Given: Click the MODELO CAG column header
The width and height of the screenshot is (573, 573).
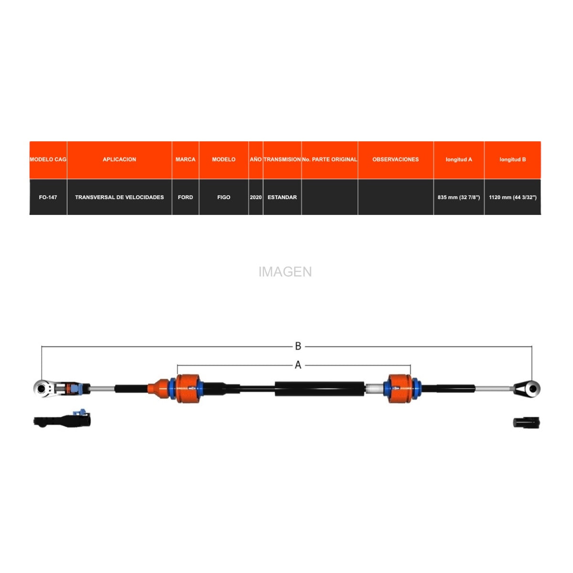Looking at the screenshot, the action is click(48, 159).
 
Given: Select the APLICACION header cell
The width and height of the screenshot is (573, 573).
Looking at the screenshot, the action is click(119, 159).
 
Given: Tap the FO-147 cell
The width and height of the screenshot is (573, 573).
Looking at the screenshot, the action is click(48, 197).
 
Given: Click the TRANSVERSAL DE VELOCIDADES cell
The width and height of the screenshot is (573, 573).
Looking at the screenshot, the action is click(119, 197).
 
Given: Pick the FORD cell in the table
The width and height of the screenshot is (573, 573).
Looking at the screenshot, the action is click(185, 197).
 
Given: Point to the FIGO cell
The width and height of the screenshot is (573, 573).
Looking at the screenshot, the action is click(223, 197).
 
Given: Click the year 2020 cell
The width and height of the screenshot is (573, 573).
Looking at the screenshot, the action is click(256, 197).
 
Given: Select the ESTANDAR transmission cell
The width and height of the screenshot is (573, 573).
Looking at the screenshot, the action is click(282, 197).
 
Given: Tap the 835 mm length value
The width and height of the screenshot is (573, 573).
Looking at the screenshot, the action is click(458, 197).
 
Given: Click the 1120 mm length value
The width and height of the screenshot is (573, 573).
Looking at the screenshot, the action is click(513, 197).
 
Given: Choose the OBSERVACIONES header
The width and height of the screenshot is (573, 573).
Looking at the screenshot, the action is click(395, 159).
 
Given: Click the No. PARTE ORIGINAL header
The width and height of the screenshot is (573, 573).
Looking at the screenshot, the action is click(329, 159).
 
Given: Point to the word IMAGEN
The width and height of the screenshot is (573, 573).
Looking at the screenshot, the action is click(285, 272).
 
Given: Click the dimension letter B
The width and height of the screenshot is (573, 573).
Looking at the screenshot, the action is click(298, 346).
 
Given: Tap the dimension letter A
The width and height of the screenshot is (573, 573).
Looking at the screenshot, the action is click(298, 365).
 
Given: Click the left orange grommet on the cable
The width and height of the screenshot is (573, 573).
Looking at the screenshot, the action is click(188, 388).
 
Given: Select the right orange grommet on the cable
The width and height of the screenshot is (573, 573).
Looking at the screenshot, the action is click(400, 388).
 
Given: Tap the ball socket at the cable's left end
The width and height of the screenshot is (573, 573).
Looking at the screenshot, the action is click(42, 388).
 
